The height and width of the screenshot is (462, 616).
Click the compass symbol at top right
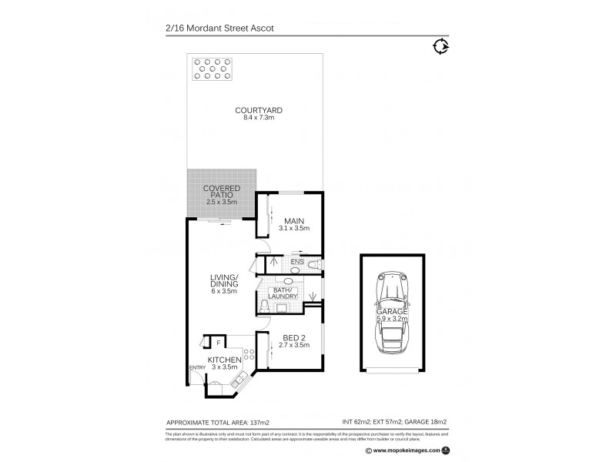[x=441, y=47]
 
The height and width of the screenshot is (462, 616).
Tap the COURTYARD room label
[x=258, y=111]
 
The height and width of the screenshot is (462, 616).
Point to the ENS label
[x=296, y=263]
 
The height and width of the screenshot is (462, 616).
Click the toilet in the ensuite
[x=313, y=264]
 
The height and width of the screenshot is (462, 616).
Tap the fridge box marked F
[x=218, y=342]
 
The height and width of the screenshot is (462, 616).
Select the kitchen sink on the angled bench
[x=239, y=378]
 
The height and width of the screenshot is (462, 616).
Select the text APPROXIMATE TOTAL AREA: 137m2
[x=217, y=423]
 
